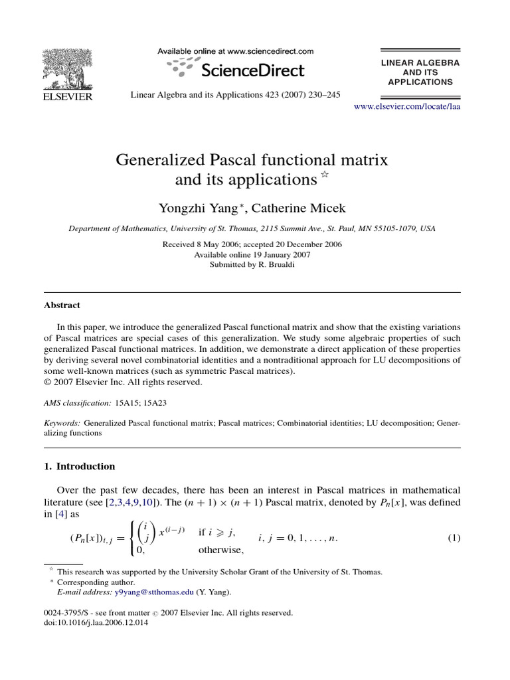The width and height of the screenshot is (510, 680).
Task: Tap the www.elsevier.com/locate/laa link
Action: click(x=407, y=106)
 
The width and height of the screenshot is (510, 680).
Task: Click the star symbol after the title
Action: click(x=325, y=175)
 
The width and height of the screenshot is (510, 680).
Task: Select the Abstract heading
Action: click(x=62, y=305)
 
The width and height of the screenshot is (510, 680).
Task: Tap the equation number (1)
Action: click(x=454, y=538)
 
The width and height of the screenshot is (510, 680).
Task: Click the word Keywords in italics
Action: click(x=62, y=422)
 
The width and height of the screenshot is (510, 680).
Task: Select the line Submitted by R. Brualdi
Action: click(x=252, y=264)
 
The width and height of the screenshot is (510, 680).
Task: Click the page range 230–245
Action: click(x=323, y=95)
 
